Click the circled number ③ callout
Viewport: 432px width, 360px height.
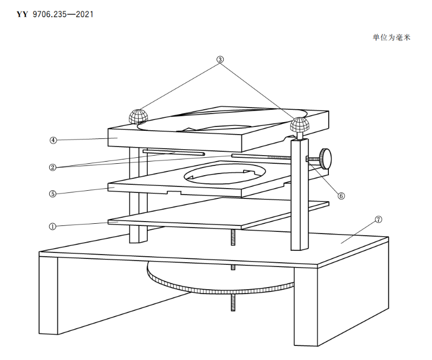click(x=220, y=59)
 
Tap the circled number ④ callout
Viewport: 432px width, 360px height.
click(x=53, y=140)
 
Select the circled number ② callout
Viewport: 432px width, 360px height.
click(x=52, y=167)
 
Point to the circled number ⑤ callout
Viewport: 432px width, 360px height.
click(x=52, y=194)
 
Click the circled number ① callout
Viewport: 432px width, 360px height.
click(x=52, y=226)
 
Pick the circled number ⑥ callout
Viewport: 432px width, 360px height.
click(x=341, y=196)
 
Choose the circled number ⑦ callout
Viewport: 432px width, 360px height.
click(x=379, y=219)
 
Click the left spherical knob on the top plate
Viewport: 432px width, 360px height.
click(x=138, y=116)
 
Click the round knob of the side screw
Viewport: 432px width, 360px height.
click(x=326, y=158)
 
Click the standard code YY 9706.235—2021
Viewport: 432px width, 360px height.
click(x=55, y=15)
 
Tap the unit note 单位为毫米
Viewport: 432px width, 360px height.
click(x=391, y=37)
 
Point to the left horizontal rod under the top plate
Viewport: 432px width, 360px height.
click(x=174, y=152)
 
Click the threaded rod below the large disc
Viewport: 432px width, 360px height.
click(x=233, y=302)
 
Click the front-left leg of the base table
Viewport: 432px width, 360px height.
click(x=49, y=296)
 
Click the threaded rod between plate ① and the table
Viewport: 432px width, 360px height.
click(x=233, y=237)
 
